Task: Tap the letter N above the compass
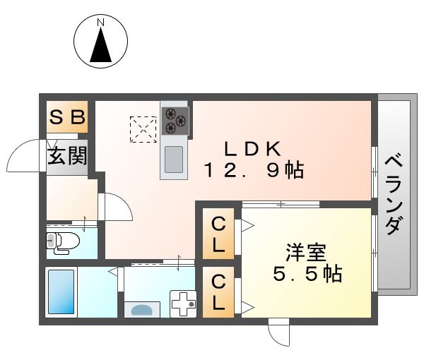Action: point(100,22)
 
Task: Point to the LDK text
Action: point(253,149)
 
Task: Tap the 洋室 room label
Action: point(307,251)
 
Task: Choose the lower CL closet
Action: point(219,292)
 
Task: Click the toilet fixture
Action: point(63,242)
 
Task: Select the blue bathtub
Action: point(61,292)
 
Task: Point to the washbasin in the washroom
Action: point(146,308)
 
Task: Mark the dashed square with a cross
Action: point(142,129)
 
